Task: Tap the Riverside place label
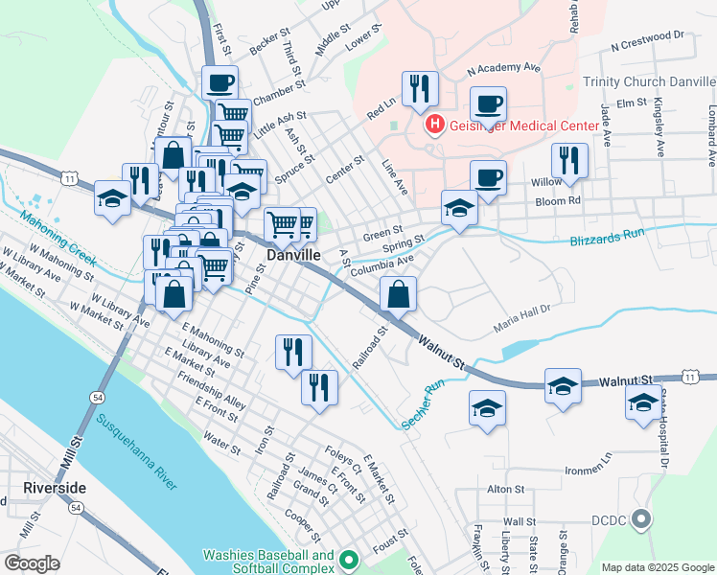tap(55, 488)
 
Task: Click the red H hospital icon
tap(434, 124)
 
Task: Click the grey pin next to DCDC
tap(642, 520)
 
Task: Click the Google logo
tap(33, 563)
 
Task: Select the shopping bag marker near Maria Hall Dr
tap(399, 295)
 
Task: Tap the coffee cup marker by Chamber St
tap(220, 82)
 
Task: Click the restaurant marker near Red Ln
tap(420, 89)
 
